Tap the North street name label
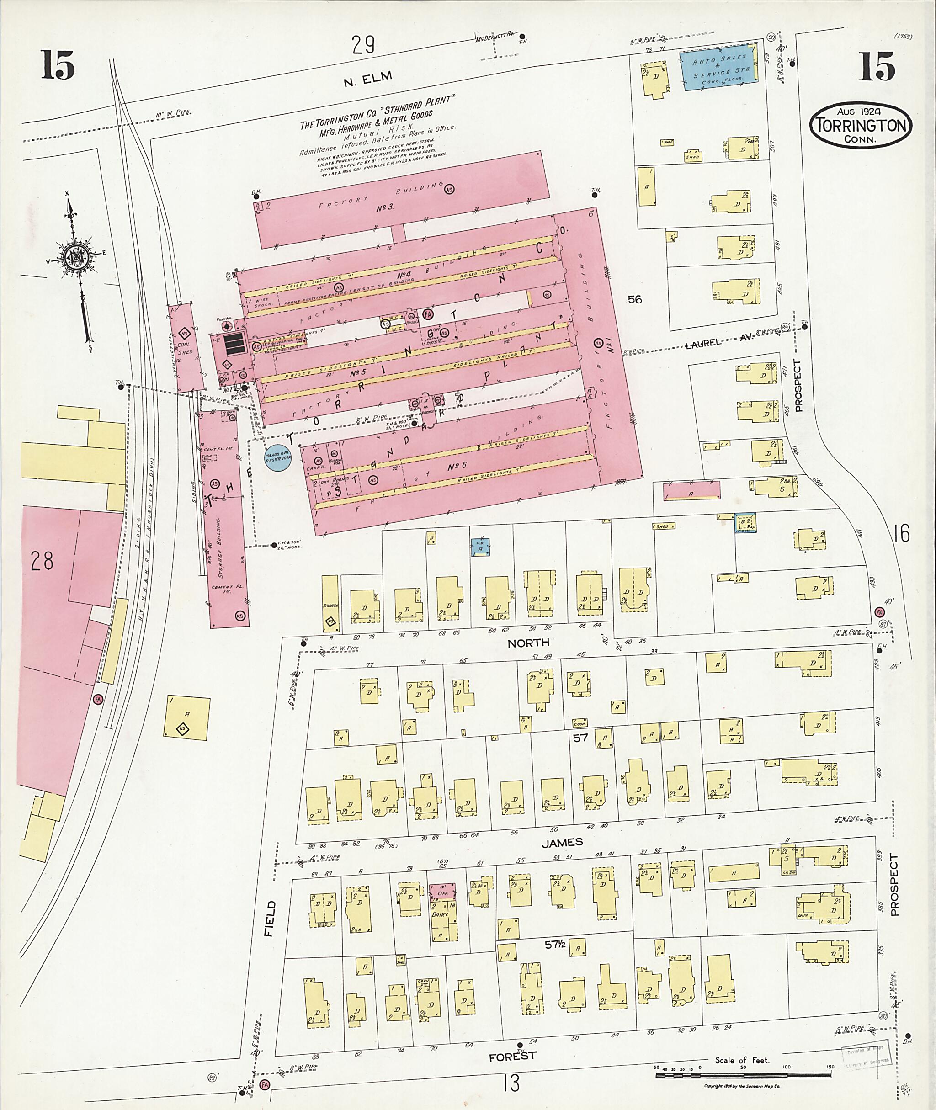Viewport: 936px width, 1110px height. click(x=528, y=643)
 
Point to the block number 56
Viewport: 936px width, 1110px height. click(x=635, y=299)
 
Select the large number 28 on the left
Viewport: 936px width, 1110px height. click(x=42, y=561)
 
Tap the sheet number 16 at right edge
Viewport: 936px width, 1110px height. click(x=902, y=533)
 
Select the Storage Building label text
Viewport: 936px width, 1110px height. click(x=225, y=552)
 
